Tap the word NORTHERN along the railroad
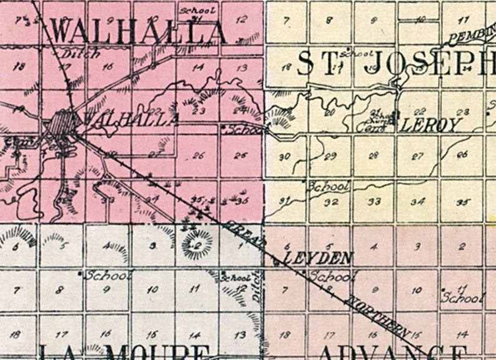pos(377,312)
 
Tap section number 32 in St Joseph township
pos(332,202)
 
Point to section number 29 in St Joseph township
pos(331,156)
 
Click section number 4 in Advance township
pos(374,247)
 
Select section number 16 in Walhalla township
pos(108,67)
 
